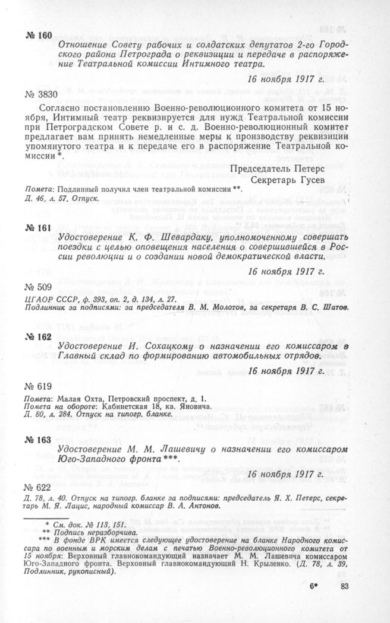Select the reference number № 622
pyautogui.click(x=38, y=487)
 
